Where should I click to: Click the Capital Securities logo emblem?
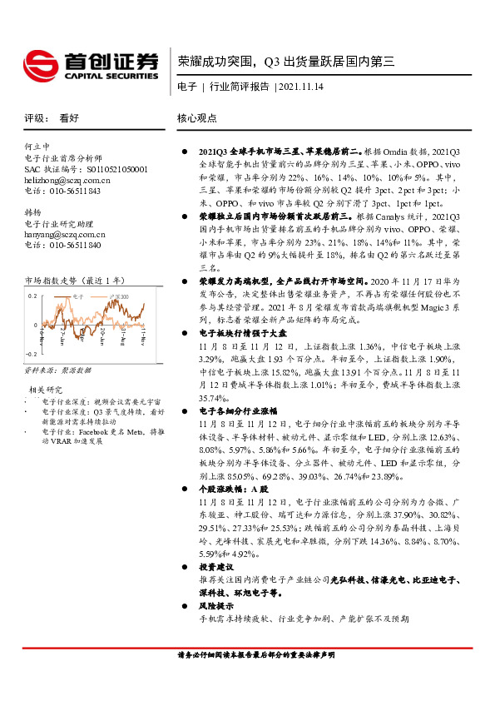coord(41,61)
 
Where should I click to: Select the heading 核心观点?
coord(198,119)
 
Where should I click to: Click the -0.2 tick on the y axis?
coord(31,354)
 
